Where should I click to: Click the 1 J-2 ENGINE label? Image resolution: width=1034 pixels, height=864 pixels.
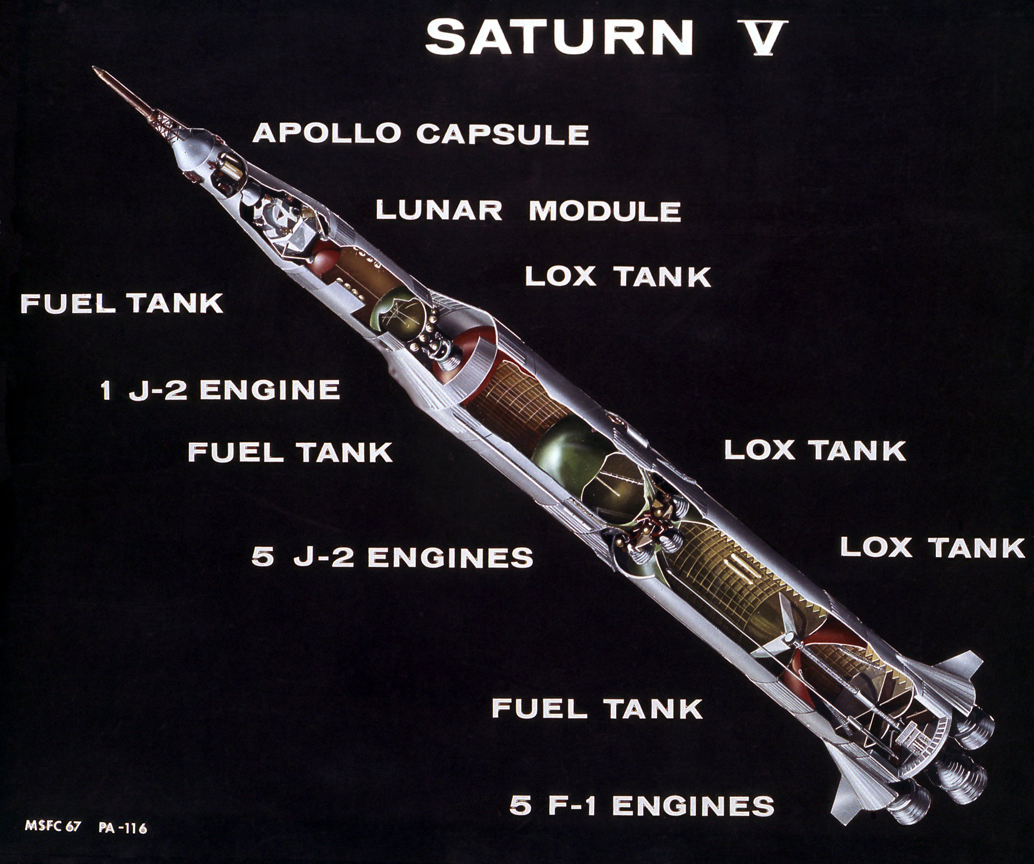tap(220, 389)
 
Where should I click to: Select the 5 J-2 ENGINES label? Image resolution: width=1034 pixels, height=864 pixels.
tap(392, 557)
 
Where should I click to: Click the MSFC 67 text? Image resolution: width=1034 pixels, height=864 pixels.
tap(53, 828)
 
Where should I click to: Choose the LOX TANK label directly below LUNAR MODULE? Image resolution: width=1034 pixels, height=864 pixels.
tap(618, 277)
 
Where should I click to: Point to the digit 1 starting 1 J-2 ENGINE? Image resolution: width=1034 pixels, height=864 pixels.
tap(106, 389)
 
